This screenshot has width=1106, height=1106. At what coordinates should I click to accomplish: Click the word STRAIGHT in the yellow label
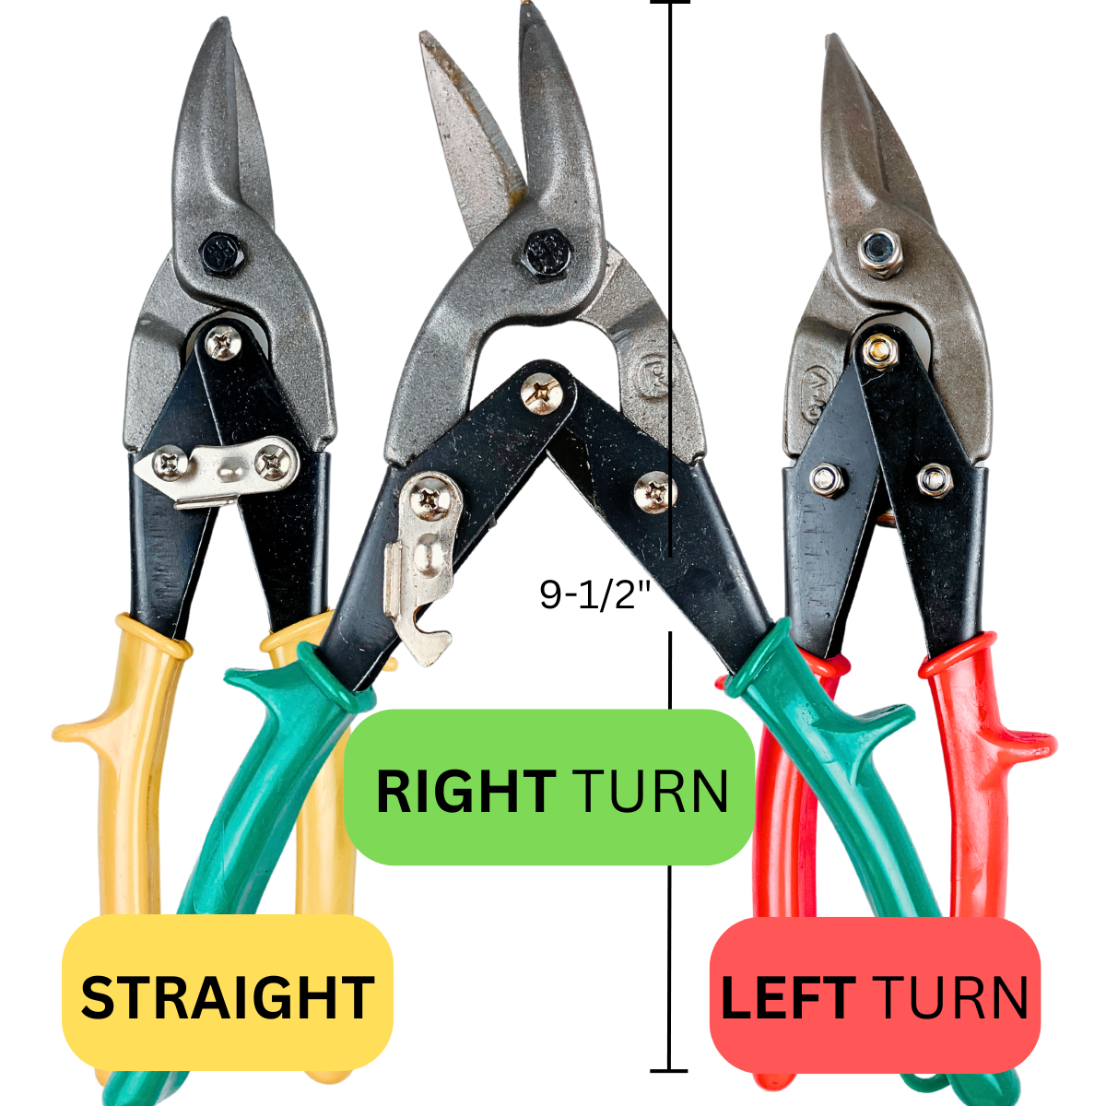[227, 997]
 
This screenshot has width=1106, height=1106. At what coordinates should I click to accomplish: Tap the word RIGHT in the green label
[465, 791]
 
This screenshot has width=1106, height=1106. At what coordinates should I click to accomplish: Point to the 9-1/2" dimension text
[595, 594]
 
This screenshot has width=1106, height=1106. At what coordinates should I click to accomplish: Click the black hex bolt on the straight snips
[222, 250]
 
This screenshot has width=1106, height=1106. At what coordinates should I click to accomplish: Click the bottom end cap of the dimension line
[669, 1071]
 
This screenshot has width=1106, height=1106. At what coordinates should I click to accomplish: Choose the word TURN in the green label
[650, 791]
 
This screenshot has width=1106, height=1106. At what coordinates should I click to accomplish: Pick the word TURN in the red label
[949, 998]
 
